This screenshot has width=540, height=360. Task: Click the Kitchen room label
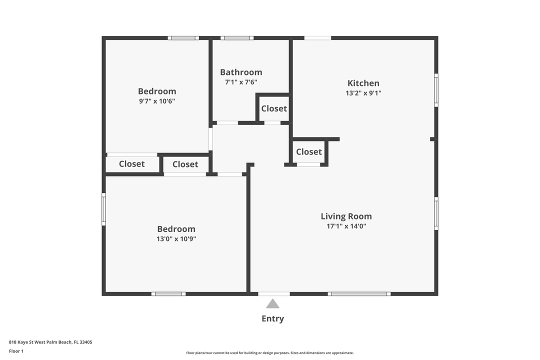[363, 83]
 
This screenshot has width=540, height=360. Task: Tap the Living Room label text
[346, 216]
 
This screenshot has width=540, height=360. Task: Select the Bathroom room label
[241, 72]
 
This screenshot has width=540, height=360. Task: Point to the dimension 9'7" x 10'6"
[157, 101]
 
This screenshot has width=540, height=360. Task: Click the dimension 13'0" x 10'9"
[176, 239]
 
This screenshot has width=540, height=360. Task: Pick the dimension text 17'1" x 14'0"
[346, 226]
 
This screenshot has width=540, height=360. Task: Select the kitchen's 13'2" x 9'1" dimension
[363, 93]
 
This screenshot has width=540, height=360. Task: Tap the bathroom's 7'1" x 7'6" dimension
[241, 82]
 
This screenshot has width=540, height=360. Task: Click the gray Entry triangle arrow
[272, 303]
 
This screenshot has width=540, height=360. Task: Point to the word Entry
[272, 318]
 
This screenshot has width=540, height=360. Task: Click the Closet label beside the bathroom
[274, 108]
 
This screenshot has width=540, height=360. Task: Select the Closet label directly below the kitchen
[308, 151]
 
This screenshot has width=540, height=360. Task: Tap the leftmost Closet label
[131, 164]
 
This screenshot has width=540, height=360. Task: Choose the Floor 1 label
[16, 351]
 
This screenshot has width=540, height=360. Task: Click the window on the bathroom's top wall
[237, 37]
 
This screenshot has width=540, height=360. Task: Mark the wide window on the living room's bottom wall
[359, 294]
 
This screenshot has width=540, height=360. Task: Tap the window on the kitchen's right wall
[436, 90]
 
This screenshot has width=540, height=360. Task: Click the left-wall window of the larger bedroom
[103, 209]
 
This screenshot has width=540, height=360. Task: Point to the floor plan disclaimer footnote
[269, 353]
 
